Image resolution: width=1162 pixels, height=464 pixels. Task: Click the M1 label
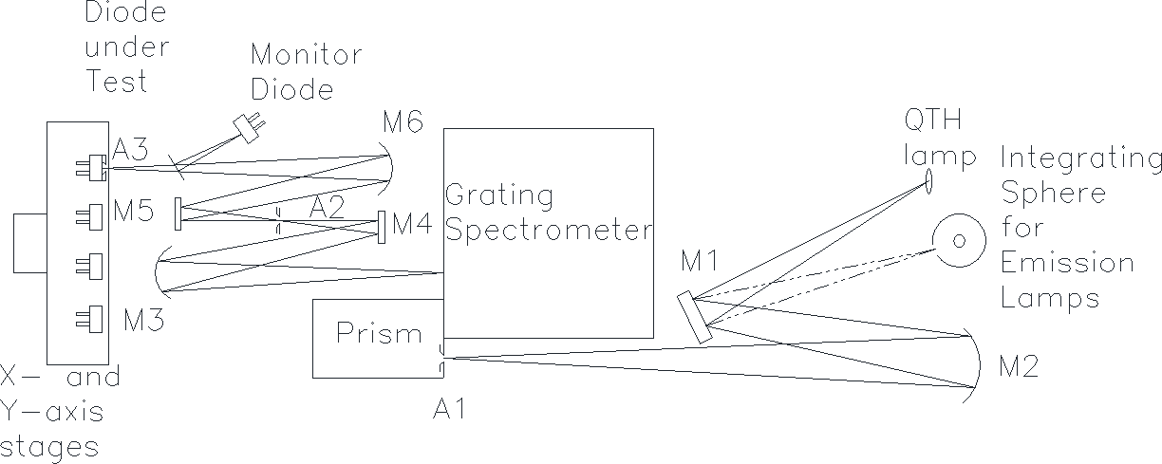tap(700, 261)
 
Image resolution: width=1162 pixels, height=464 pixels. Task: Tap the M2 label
tap(1019, 366)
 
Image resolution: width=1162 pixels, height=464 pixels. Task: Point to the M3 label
tap(143, 320)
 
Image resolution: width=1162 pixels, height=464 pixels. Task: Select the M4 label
tap(412, 224)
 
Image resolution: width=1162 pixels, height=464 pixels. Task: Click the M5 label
tap(133, 211)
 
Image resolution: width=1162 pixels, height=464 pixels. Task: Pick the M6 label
tap(403, 122)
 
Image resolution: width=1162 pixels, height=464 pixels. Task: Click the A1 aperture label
tap(449, 409)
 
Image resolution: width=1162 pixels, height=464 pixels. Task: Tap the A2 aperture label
tap(327, 208)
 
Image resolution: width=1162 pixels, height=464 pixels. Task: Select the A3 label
tap(130, 149)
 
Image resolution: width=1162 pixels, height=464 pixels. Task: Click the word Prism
tap(379, 333)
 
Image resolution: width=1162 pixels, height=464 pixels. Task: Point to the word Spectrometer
tap(549, 232)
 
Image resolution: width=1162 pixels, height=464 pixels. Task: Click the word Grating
tap(499, 196)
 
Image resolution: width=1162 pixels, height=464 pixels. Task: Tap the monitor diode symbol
tap(248, 127)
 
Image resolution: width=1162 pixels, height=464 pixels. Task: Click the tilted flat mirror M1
tap(695, 317)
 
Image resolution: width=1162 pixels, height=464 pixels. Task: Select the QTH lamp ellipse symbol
tap(928, 180)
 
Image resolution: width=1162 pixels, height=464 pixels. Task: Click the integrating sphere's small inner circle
tap(959, 241)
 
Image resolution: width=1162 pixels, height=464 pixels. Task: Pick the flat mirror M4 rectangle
tap(382, 227)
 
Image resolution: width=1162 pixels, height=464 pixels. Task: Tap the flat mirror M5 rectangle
tap(178, 213)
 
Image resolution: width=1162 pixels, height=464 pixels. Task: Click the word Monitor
tap(306, 54)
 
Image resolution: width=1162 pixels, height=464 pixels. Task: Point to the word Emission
tap(1067, 262)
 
